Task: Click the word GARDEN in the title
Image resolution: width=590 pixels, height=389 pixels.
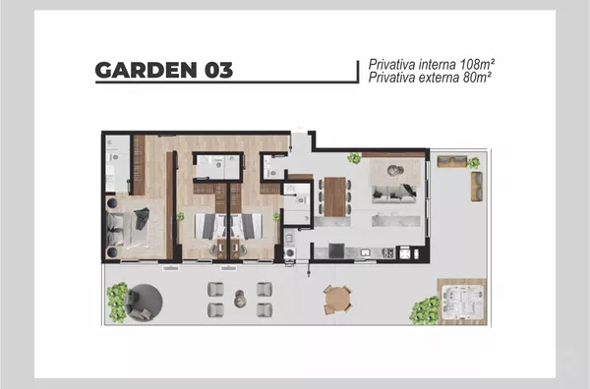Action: point(146,70)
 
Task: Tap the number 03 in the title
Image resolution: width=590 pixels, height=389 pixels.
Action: point(218,70)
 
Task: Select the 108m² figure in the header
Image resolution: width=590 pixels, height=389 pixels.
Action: point(477,64)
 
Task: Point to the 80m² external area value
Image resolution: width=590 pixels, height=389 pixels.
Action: point(477,78)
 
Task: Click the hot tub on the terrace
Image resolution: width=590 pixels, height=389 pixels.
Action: point(463,302)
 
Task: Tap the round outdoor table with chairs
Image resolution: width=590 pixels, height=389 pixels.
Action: point(337,300)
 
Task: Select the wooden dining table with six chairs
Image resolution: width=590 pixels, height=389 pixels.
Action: point(335,196)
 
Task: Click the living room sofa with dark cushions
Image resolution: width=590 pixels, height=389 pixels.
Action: point(394,194)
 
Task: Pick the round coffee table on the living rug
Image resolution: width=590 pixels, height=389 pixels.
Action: point(395,170)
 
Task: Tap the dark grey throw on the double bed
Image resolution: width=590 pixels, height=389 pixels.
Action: point(142,218)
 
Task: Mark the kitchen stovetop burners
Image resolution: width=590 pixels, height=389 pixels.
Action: point(388,252)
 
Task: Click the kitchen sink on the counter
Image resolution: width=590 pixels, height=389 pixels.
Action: point(366,252)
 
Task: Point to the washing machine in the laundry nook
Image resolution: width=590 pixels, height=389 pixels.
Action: point(290,252)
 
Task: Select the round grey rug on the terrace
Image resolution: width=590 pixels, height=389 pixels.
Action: point(146,302)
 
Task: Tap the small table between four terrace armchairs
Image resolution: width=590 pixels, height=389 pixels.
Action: point(240,299)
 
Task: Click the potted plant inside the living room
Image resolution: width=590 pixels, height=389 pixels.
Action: point(354,158)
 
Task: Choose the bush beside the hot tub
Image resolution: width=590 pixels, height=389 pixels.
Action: point(425,310)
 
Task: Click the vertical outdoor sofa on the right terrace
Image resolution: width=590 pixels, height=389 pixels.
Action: point(477,187)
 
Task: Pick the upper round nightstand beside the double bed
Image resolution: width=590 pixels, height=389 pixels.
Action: point(112,203)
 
